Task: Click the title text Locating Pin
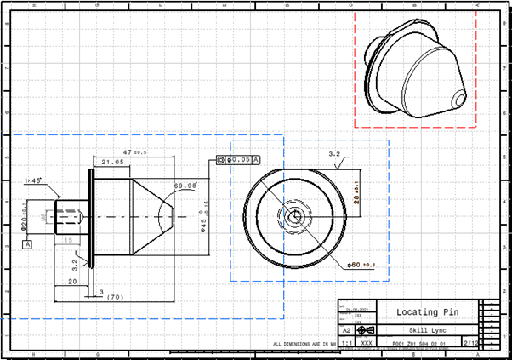417,312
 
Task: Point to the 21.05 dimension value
113,161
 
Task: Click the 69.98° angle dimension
184,185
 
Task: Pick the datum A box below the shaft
27,244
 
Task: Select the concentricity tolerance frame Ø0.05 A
238,159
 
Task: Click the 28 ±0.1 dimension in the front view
357,198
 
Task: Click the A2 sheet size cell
346,329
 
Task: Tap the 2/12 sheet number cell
469,343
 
